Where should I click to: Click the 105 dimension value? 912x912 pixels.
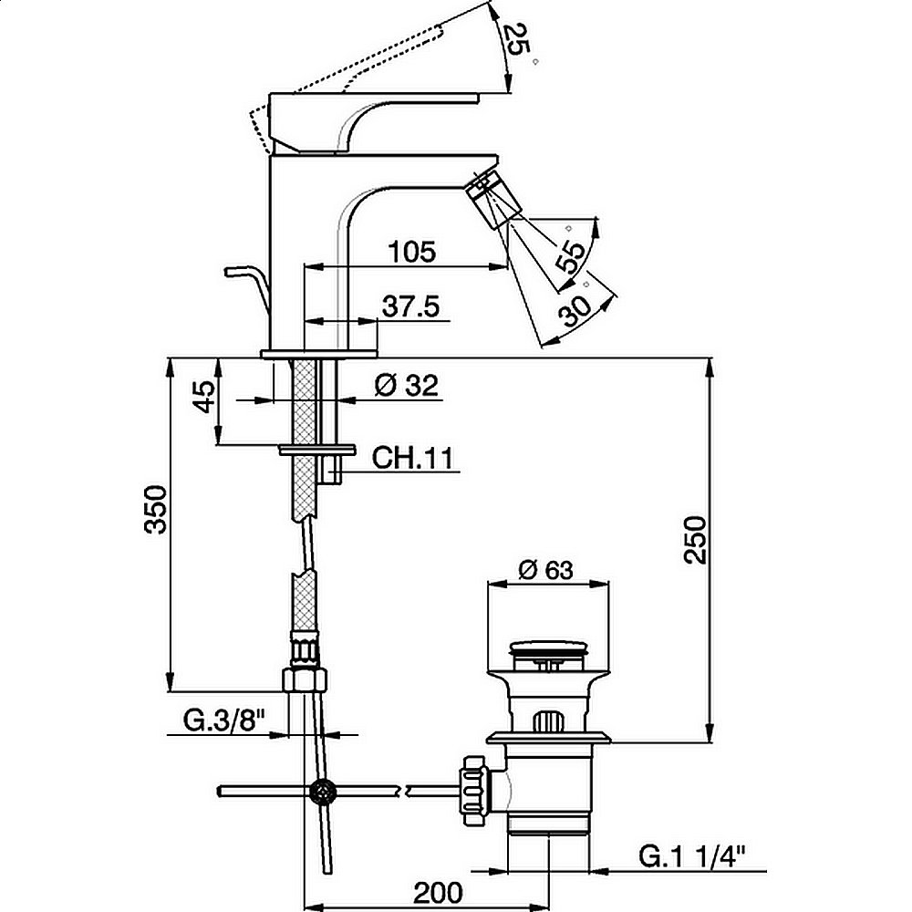pos(412,252)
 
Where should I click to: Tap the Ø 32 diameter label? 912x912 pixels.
pos(407,386)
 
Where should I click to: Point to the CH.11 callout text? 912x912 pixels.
pos(413,458)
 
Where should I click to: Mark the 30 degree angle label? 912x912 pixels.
pos(576,309)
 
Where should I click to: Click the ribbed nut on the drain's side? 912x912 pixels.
pos(472,785)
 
